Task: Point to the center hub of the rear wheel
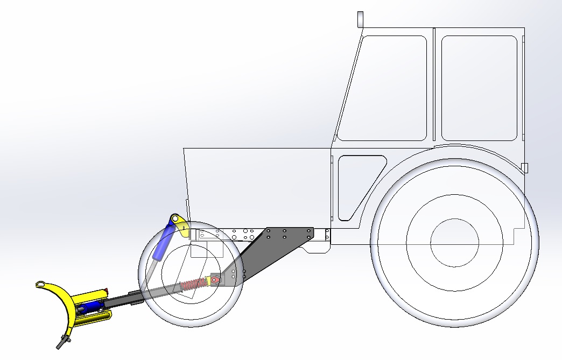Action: (455, 242)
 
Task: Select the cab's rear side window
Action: (479, 88)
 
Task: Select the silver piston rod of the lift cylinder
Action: (152, 272)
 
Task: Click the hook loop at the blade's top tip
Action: (41, 284)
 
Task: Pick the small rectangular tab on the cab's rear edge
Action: (525, 168)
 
